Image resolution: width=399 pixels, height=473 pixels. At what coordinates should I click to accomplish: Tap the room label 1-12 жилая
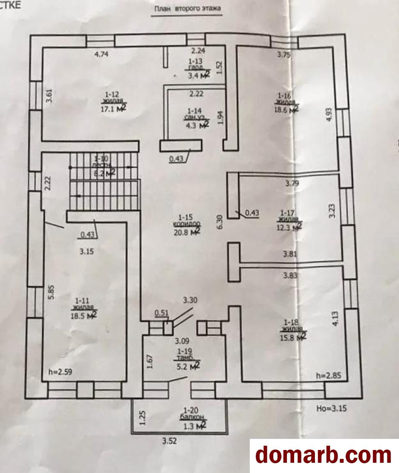tap(109, 98)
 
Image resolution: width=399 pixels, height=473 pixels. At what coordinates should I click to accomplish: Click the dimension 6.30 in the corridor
tap(220, 222)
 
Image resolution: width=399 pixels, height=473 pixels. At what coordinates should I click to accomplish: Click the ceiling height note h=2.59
tap(60, 372)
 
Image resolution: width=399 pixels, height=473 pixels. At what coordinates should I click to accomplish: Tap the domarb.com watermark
tap(324, 455)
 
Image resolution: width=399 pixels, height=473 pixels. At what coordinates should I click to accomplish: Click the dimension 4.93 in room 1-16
tap(328, 115)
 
